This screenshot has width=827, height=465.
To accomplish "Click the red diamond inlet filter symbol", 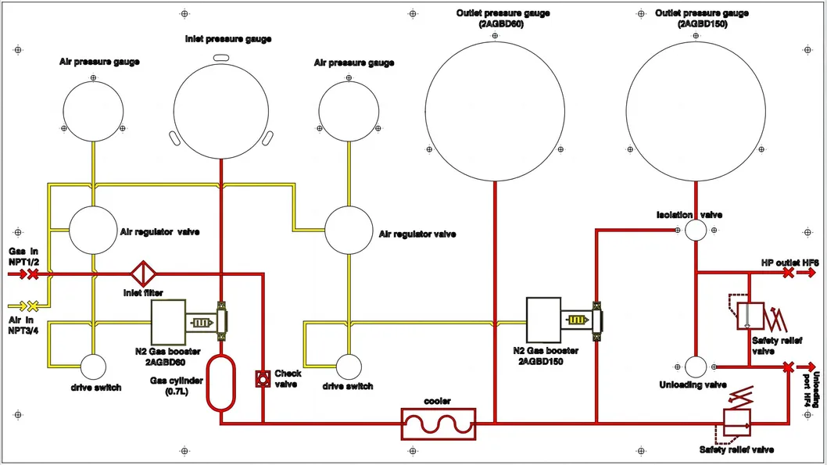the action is tap(143, 274).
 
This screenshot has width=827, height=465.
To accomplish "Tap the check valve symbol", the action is tap(263, 378).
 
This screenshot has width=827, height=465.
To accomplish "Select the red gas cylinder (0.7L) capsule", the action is tap(220, 382).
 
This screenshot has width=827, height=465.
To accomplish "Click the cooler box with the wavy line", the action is tap(439, 424).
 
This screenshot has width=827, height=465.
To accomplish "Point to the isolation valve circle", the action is tap(696, 231).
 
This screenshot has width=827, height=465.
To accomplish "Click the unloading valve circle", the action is tap(696, 367).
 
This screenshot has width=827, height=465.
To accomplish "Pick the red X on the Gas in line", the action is tap(33, 274).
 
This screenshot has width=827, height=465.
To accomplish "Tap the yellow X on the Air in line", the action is tap(33, 306).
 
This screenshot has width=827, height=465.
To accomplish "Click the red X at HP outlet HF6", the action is tap(788, 273).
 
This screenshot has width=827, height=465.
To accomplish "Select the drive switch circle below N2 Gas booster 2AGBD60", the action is tap(93, 367).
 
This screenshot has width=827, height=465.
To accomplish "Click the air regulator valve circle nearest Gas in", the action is tap(93, 231).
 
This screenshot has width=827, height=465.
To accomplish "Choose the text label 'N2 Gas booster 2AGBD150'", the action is tap(546, 356).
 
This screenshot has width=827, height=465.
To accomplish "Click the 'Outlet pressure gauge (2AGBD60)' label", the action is tap(503, 19).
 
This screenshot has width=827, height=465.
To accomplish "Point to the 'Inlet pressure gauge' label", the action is tap(228, 38).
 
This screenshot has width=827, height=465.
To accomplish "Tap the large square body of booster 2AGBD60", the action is tap(168, 322).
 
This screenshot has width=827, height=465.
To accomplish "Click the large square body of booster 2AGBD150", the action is tap(544, 320).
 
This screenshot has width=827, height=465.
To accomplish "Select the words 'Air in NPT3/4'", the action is tap(23, 325).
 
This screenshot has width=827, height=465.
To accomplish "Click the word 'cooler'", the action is tap(437, 401).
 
